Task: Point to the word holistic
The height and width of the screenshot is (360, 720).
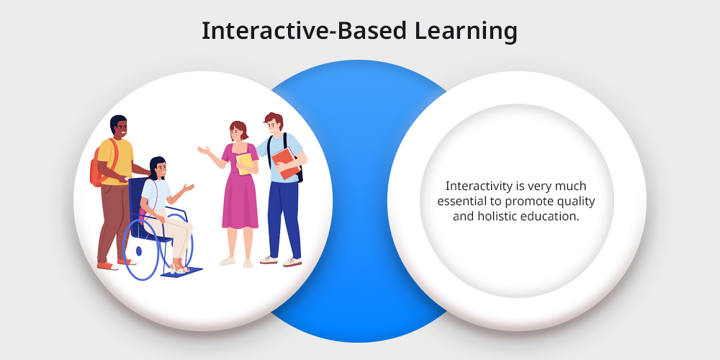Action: point(495,216)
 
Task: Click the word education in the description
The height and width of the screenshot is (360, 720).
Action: point(548,216)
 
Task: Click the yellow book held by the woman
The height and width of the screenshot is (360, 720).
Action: point(245,163)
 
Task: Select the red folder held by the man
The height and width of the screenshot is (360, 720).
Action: point(286,163)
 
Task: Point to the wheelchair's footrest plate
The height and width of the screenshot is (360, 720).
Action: point(182,272)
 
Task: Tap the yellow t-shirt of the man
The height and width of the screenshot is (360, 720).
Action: point(114,161)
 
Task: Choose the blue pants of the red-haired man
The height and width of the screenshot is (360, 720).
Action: point(284,219)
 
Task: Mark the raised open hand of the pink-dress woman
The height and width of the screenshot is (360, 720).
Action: point(204,150)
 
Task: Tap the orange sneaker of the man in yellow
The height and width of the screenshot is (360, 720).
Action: point(108,266)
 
